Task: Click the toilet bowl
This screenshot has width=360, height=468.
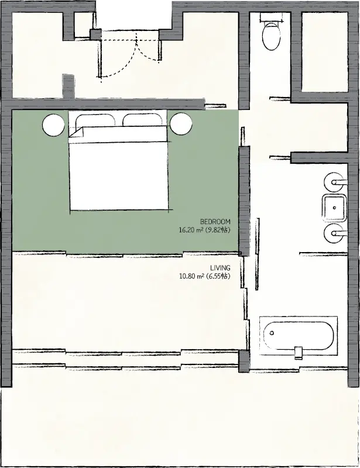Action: [x=271, y=36]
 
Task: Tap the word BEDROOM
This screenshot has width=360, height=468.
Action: [x=215, y=222]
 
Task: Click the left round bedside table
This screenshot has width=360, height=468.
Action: [x=54, y=125]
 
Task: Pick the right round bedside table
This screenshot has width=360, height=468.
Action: [x=181, y=123]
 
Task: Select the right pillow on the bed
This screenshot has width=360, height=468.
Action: [x=143, y=120]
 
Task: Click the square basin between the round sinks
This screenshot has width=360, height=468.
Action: [x=334, y=208]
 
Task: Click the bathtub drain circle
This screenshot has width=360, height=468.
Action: [x=272, y=333]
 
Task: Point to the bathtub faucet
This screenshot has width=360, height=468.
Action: [x=299, y=353]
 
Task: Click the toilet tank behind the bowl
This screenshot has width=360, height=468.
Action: [x=272, y=18]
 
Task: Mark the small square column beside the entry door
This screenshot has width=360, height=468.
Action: [x=96, y=35]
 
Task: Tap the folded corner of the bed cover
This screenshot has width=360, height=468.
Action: [x=76, y=132]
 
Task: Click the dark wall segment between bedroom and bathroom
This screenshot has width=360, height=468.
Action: [x=244, y=201]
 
